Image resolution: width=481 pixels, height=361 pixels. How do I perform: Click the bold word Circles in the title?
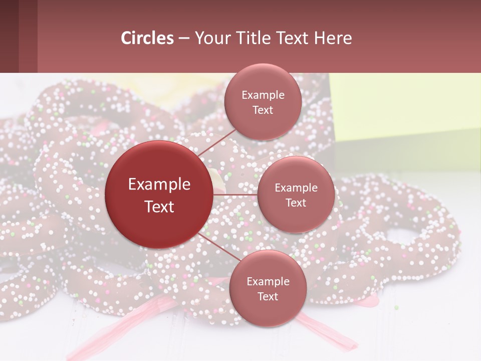click(147, 38)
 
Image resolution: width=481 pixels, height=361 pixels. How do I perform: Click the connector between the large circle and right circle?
click(235, 195)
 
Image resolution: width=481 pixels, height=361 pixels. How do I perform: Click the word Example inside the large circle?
click(159, 185)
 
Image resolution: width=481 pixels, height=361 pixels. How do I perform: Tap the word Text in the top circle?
click(263, 110)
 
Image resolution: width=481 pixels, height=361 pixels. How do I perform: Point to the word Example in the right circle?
click(296, 188)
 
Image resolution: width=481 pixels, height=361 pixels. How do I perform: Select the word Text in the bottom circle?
click(268, 297)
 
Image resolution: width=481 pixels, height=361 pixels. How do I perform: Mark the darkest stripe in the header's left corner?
click(9, 36)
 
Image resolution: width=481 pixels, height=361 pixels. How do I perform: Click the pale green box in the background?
click(406, 110)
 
